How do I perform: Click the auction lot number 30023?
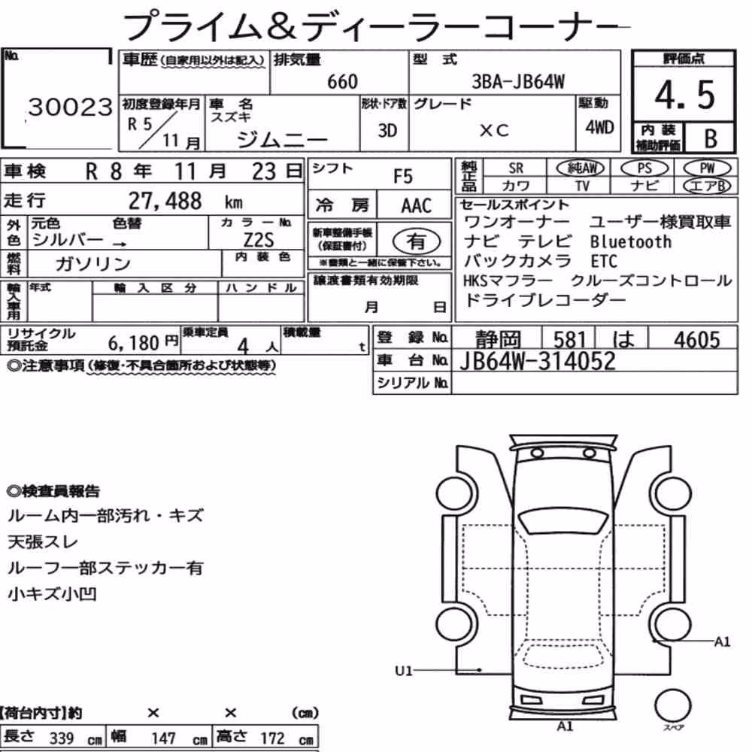tap(71, 107)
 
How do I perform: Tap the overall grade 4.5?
tap(684, 95)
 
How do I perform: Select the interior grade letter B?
tap(711, 138)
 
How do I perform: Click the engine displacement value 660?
tap(342, 81)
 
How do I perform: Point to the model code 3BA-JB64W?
tap(518, 81)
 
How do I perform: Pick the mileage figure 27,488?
tap(165, 201)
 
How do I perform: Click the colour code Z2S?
tap(259, 239)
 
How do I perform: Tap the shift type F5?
tap(403, 177)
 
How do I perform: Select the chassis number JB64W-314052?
tap(538, 361)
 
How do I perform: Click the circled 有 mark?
tap(417, 241)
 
